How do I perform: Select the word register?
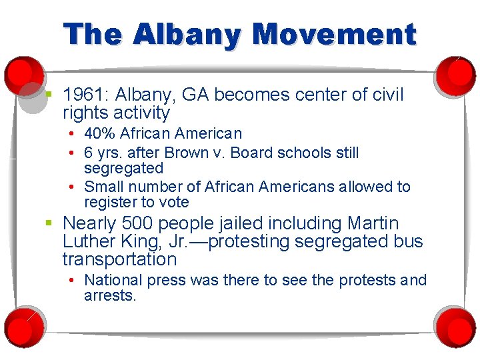click(x=111, y=203)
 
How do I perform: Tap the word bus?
click(x=407, y=241)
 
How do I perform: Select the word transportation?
click(x=119, y=259)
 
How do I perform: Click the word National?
click(x=113, y=280)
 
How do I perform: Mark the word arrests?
click(x=109, y=295)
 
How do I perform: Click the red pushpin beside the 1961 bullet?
click(x=23, y=75)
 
